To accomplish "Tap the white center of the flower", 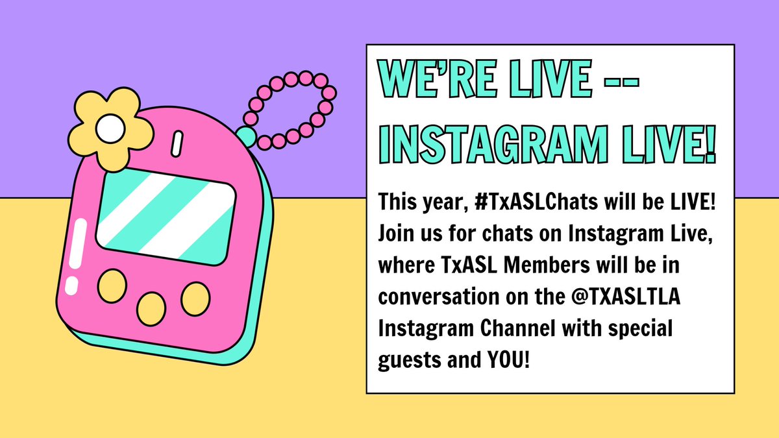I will tap(110, 130).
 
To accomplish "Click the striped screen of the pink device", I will tap(166, 214).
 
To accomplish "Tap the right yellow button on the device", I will tap(195, 299).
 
